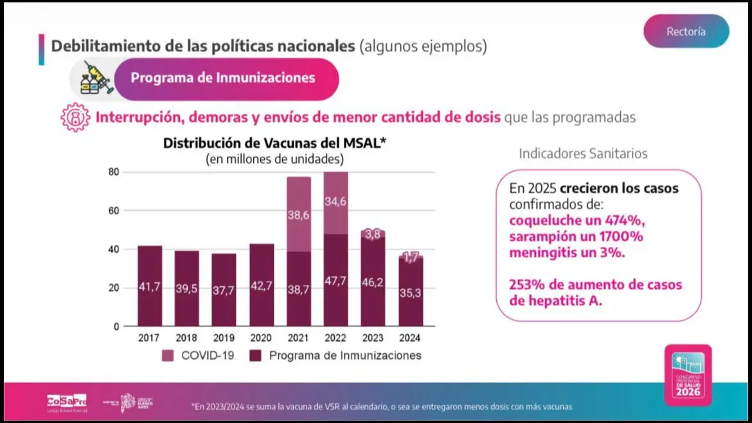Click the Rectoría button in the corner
point(686,32)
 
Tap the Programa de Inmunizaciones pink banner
point(222,78)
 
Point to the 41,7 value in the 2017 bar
point(150,287)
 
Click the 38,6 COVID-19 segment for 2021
point(299,215)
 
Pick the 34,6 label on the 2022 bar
point(336,201)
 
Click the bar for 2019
point(224,289)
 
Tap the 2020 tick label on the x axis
point(262,337)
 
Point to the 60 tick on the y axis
point(113,211)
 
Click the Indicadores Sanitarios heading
point(583,154)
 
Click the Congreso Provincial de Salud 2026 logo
point(688,375)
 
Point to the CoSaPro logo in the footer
point(67,401)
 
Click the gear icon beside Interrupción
point(75,118)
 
